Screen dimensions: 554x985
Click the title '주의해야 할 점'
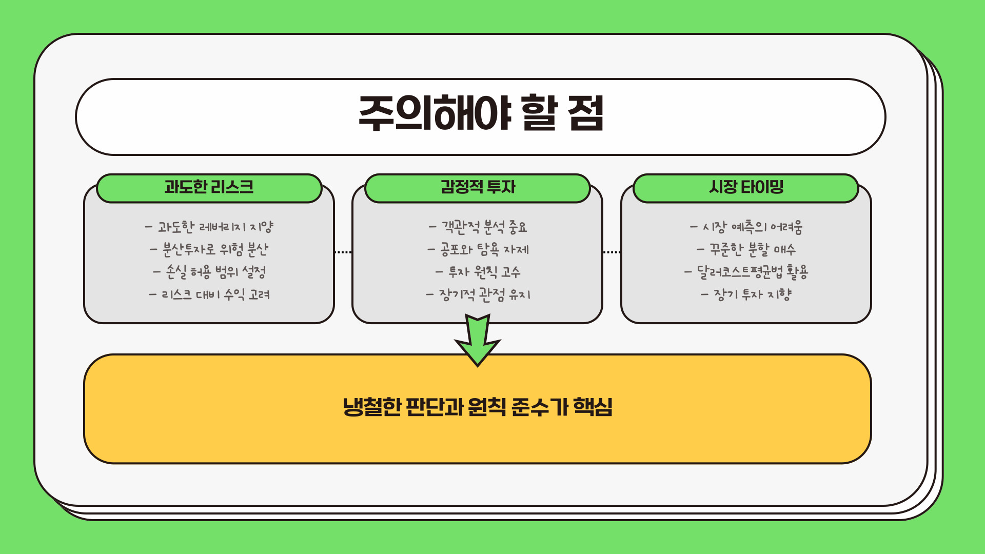481,114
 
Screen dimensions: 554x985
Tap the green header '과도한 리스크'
209,187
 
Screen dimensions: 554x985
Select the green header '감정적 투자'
478,187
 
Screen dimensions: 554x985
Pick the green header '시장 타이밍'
746,187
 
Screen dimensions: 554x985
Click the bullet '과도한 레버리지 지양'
209,227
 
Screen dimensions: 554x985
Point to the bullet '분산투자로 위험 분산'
209,249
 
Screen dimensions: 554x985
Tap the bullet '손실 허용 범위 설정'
209,272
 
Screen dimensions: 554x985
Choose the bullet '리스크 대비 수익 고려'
209,294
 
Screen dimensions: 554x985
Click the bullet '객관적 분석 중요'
478,227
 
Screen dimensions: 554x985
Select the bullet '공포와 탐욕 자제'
478,249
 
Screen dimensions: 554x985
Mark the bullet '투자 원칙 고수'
478,272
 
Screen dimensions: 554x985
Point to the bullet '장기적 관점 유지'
478,294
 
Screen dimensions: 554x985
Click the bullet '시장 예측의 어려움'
746,227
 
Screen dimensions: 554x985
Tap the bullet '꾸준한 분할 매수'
746,249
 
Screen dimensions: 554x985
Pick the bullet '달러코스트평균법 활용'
746,272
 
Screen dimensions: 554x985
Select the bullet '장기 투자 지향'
746,294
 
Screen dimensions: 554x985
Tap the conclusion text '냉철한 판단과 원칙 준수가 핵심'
478,407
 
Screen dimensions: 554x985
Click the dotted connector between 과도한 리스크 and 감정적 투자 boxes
343,252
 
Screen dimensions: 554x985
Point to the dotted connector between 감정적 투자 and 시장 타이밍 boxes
612,252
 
